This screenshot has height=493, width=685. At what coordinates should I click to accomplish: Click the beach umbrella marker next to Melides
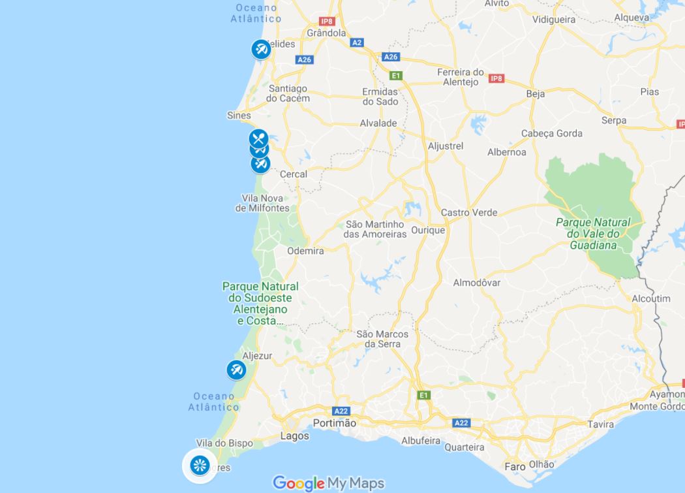point(261,49)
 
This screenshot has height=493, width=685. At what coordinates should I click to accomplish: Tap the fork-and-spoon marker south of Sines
point(258,138)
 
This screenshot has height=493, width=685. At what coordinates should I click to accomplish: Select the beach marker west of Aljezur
point(236,370)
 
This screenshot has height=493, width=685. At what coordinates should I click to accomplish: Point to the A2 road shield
point(356,42)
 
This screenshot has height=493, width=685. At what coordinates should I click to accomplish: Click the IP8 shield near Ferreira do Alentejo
point(496,78)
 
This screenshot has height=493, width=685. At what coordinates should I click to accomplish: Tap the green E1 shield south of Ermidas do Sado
point(395,76)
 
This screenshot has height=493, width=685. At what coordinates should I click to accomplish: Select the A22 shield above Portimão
point(341,411)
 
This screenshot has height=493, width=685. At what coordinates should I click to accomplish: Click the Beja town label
point(535,94)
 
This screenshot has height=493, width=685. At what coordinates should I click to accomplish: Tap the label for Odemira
point(305,251)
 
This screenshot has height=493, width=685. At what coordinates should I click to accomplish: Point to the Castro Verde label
point(468,212)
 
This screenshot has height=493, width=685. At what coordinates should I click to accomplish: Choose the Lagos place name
point(294,436)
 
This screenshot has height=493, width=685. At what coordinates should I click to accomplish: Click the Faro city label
point(515,466)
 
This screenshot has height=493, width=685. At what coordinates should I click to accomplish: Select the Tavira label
point(600,424)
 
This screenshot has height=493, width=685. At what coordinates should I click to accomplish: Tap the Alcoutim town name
point(650,298)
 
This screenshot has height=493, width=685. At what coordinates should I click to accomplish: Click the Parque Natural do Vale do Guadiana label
point(593,233)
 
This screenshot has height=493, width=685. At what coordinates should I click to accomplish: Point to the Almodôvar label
point(476,283)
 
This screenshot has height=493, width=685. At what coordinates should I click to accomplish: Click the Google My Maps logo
point(328,483)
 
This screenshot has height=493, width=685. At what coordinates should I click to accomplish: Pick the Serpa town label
point(613,120)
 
